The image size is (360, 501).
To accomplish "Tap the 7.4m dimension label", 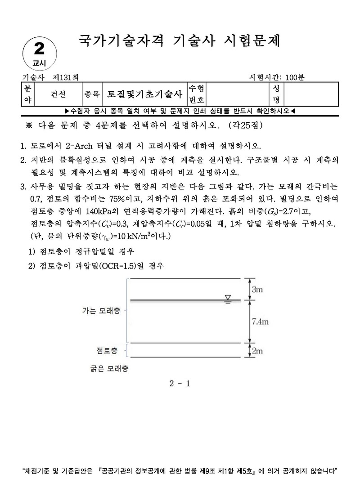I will tap(259, 322).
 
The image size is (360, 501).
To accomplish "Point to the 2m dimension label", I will tap(257, 351).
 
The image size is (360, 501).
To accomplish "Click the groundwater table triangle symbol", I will tap(228, 298).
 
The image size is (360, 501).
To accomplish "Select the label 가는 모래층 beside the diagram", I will tap(101, 310).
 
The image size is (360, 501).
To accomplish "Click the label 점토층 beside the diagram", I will tap(108, 349).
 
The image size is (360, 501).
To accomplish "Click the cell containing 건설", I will tap(58, 94).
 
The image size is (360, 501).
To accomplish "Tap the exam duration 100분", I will tap(294, 77).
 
